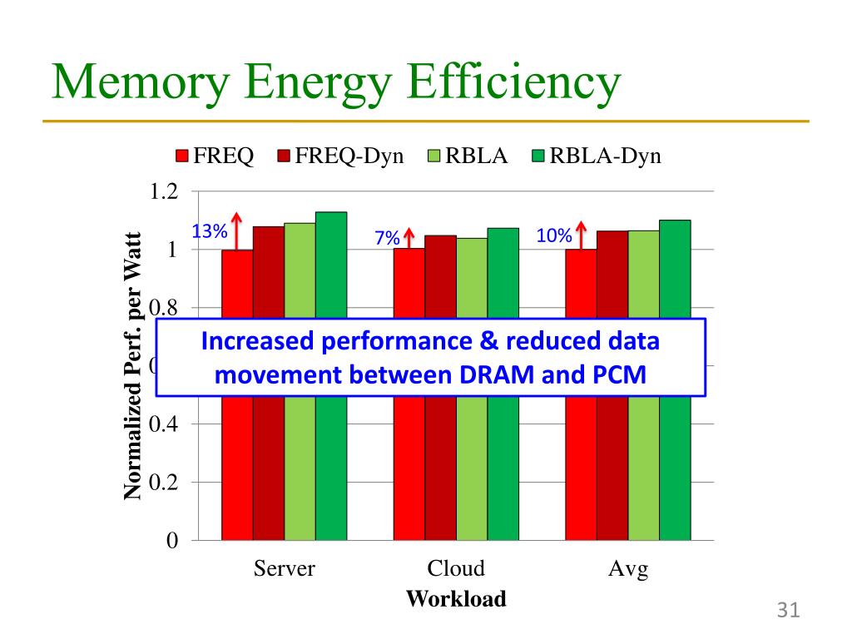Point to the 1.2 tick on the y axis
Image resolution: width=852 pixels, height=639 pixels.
coord(162,191)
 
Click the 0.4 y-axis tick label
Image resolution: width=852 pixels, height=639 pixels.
coord(162,424)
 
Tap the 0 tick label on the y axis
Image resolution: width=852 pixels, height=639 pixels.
coord(171,541)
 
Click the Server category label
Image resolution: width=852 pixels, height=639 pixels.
coord(284,569)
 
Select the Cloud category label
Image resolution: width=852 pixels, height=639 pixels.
coord(456,569)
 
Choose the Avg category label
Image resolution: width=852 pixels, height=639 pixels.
coord(628,569)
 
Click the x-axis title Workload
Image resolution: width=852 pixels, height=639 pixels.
coord(456,599)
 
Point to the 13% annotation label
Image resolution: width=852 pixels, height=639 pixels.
coord(210,232)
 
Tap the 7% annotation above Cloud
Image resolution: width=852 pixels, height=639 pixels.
coord(387,238)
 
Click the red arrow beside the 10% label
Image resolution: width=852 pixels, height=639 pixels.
coord(581,234)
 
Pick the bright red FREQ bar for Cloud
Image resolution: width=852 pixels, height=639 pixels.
coord(409,466)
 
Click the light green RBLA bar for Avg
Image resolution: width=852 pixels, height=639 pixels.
coord(643,466)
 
